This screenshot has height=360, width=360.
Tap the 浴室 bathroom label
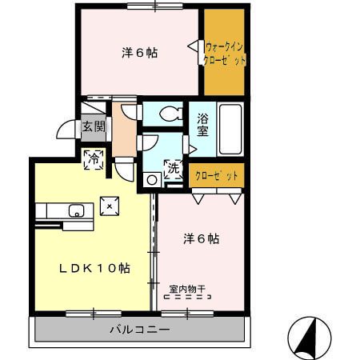pyautogui.click(x=203, y=126)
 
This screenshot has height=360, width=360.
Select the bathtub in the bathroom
pyautogui.click(x=231, y=129)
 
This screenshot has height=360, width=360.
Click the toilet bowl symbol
pyautogui.click(x=169, y=114)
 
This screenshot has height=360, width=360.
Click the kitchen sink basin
pyautogui.click(x=77, y=210)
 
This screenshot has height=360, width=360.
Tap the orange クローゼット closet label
pyautogui.click(x=217, y=175)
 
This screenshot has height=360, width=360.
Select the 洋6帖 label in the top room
pyautogui.click(x=139, y=53)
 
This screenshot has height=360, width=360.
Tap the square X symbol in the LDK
pyautogui.click(x=109, y=206)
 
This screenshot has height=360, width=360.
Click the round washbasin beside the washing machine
pyautogui.click(x=151, y=179)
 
